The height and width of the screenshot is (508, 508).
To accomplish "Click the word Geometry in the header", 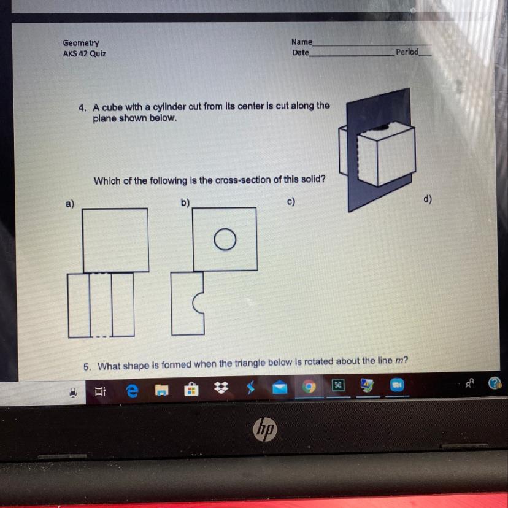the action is (x=81, y=43).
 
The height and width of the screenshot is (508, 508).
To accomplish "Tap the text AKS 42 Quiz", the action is (x=84, y=53).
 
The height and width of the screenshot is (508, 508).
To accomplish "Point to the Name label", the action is (x=302, y=42).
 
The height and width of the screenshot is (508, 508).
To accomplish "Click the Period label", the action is (x=407, y=52).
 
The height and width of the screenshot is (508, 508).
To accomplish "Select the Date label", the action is (x=301, y=53).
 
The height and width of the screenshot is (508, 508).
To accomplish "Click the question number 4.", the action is (x=82, y=108).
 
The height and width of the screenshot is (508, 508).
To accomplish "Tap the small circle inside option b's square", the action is (x=225, y=239).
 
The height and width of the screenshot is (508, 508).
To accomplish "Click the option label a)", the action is (x=70, y=204).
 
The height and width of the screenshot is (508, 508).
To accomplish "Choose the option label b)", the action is (x=185, y=202).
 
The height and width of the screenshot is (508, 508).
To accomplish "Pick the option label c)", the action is (x=291, y=201).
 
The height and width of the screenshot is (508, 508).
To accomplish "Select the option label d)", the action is (x=428, y=199).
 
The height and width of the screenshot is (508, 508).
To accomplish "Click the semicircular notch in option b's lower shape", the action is (x=193, y=303).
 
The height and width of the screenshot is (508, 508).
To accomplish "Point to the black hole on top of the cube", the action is (x=380, y=128).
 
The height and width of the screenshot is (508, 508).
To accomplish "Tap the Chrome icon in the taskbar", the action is (x=309, y=387).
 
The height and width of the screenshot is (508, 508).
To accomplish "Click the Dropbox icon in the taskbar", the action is (x=221, y=388).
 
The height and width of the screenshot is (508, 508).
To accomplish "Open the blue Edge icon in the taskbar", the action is (x=132, y=391).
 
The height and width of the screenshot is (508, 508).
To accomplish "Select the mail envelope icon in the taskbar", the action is (x=280, y=387).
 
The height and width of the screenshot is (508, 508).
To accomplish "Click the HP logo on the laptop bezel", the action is (x=264, y=429).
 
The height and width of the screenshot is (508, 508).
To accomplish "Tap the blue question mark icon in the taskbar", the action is (x=495, y=383).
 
